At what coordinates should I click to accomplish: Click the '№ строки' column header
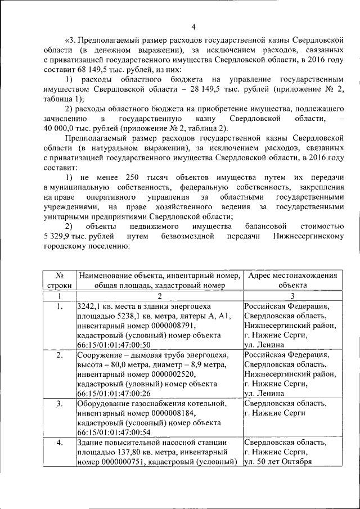(60, 280)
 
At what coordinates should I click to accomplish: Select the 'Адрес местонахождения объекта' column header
(292, 280)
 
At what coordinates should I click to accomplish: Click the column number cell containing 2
(159, 296)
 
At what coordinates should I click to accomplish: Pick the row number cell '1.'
(60, 306)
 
